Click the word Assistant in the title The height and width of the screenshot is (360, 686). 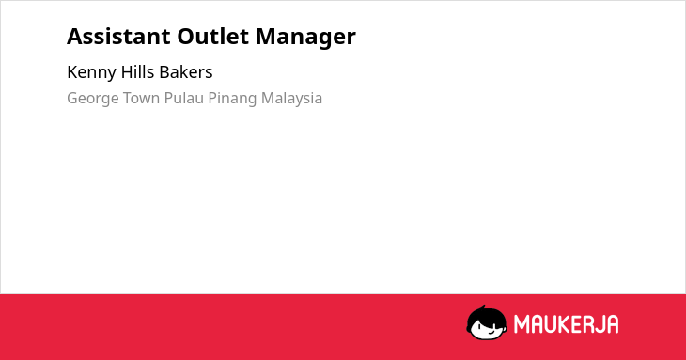click(x=118, y=37)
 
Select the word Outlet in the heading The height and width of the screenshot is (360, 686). click(x=213, y=37)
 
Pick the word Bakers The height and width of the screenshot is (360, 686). click(x=186, y=72)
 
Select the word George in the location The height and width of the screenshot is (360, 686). click(x=92, y=99)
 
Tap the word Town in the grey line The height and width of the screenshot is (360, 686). click(x=141, y=98)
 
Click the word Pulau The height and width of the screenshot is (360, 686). click(x=184, y=98)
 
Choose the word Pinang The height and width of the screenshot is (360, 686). click(x=232, y=99)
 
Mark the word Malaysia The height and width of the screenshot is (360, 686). click(x=292, y=99)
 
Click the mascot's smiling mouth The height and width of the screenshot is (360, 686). click(x=491, y=332)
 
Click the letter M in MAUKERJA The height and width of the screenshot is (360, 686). click(x=522, y=324)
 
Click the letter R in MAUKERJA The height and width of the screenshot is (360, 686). click(x=588, y=324)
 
